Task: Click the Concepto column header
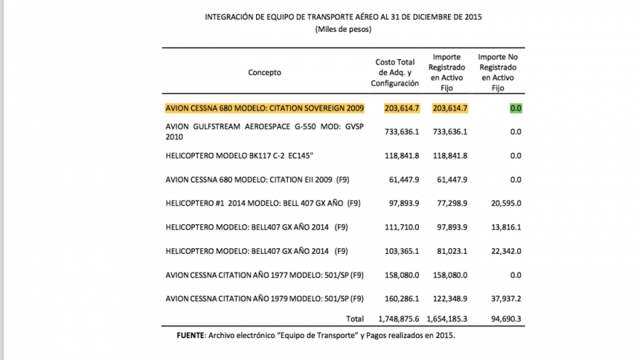(x=265, y=73)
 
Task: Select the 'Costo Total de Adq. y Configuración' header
(x=395, y=73)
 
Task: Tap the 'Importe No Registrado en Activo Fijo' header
(x=498, y=73)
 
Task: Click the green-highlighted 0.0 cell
(x=516, y=108)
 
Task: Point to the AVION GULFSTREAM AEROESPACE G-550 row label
(x=262, y=132)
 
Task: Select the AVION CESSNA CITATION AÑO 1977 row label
(x=264, y=275)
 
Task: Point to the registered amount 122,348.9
(x=449, y=299)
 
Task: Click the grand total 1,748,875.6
(x=396, y=319)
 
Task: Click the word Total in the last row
(x=353, y=319)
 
